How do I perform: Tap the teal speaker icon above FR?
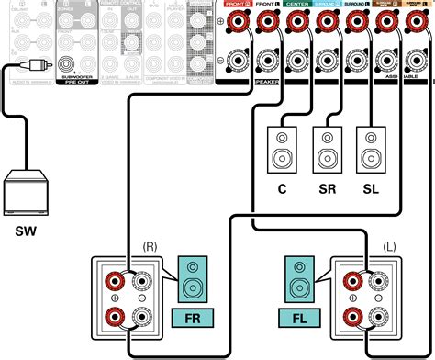[x=193, y=279]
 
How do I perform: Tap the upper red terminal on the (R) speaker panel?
[x=117, y=281]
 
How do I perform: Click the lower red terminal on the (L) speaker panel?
[x=351, y=319]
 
